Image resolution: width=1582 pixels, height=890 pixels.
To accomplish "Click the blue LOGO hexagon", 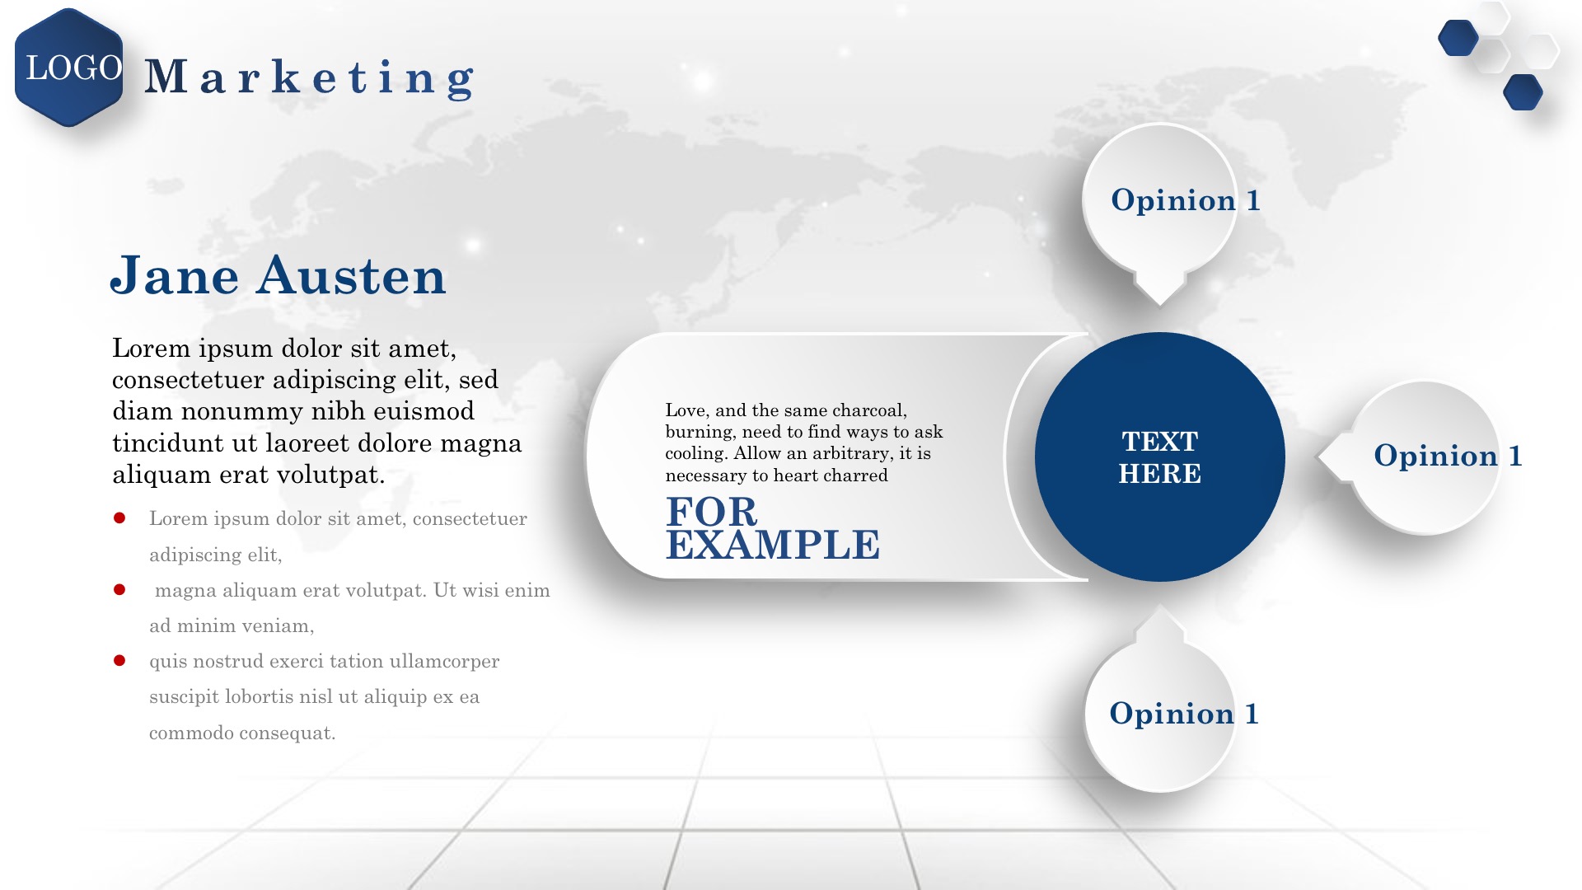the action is (69, 68).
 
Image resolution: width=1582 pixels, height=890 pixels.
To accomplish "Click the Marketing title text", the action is (310, 78).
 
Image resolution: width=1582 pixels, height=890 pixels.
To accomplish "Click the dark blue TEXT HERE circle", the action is (1159, 457).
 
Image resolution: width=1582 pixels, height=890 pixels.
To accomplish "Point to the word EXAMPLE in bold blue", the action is (773, 545).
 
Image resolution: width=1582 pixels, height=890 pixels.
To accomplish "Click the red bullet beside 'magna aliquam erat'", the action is (119, 590).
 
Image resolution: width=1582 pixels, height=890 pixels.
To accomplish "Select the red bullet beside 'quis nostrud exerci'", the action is (119, 661).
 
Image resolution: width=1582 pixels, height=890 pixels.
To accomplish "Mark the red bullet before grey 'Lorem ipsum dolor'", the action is (119, 518).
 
